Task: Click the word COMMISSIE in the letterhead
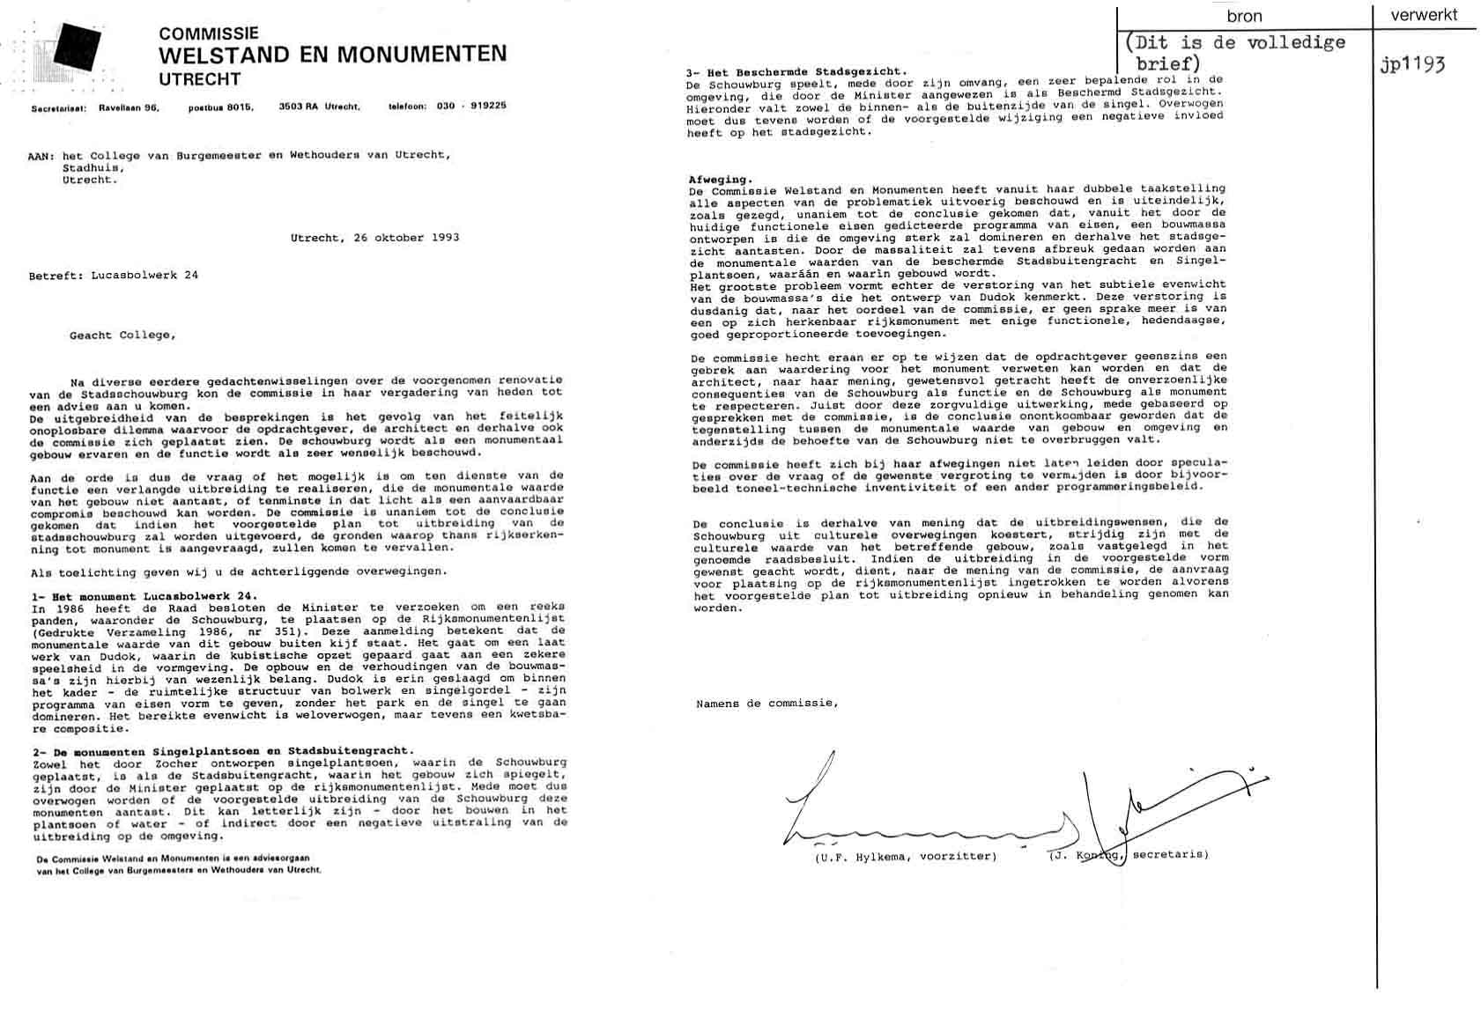(209, 33)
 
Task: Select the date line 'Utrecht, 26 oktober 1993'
(374, 238)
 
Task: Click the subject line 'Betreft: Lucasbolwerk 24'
(114, 276)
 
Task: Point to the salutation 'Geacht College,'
(122, 335)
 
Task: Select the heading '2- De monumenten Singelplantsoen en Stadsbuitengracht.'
(221, 751)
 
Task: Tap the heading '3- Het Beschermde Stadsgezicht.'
(796, 71)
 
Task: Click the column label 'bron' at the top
(1244, 17)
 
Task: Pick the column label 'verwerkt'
(1424, 15)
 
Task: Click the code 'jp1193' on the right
(1413, 65)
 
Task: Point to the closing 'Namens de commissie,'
(766, 704)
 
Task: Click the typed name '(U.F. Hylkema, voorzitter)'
(906, 856)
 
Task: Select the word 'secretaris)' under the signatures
(1170, 854)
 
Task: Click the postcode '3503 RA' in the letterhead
(299, 107)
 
